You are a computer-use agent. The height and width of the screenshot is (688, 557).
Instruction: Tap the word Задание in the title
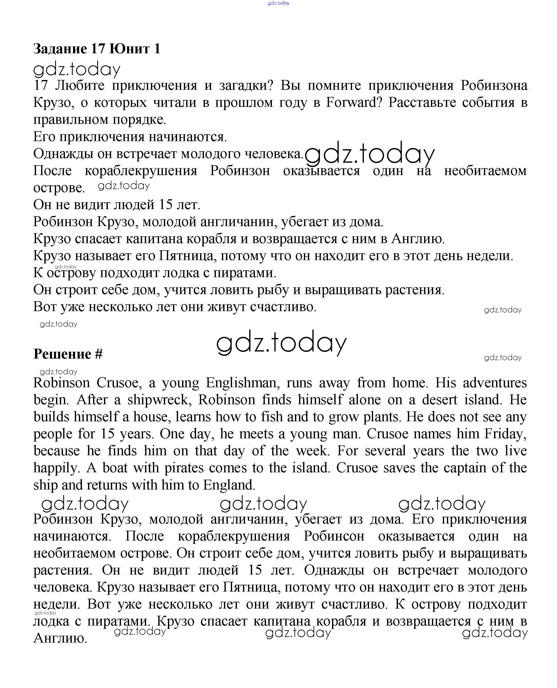pyautogui.click(x=60, y=49)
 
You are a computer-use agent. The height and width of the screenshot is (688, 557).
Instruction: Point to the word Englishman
pyautogui.click(x=242, y=383)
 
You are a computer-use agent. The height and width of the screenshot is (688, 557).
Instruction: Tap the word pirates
pyautogui.click(x=184, y=468)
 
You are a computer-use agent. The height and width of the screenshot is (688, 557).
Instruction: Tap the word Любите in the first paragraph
pyautogui.click(x=80, y=86)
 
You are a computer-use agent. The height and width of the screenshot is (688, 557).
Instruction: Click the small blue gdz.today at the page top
pyautogui.click(x=278, y=3)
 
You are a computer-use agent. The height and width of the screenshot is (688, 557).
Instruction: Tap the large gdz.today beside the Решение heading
pyautogui.click(x=281, y=343)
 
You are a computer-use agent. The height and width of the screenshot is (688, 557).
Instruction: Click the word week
pyautogui.click(x=312, y=451)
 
